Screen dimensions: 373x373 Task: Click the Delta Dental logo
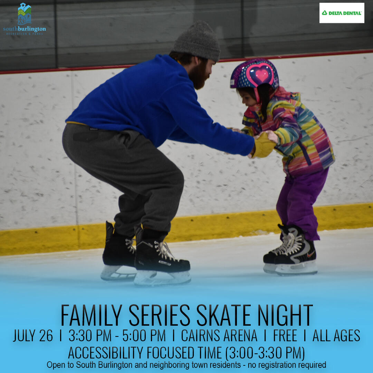[x=342, y=13]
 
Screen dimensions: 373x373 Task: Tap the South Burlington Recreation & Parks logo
[x=25, y=19]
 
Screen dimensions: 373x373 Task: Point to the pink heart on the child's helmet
[x=262, y=75]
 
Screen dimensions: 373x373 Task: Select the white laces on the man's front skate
[x=164, y=250]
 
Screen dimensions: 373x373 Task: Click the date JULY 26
[x=33, y=336]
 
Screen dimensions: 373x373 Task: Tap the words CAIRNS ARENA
[x=219, y=336]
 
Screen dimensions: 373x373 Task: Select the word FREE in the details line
[x=285, y=336]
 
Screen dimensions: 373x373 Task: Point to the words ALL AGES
[x=336, y=336]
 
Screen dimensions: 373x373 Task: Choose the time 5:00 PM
[x=144, y=336]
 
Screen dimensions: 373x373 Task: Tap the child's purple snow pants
[x=301, y=202]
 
